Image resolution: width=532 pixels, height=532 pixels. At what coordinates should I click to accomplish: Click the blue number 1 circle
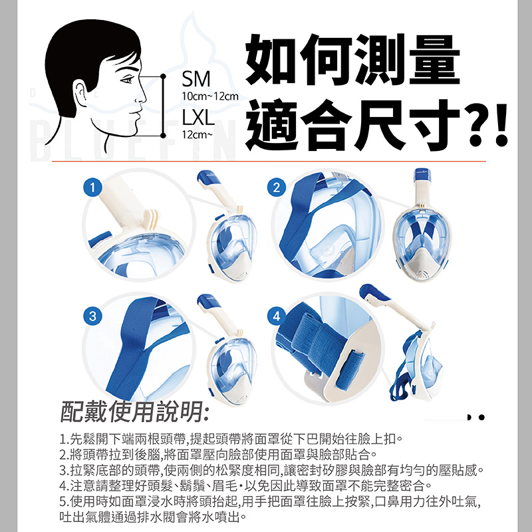tap(92, 187)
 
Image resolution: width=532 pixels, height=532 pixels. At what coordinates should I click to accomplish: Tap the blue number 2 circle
tap(277, 187)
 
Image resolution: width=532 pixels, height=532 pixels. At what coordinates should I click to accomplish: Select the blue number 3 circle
tap(92, 317)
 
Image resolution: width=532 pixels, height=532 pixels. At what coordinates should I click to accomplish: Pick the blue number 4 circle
tap(277, 317)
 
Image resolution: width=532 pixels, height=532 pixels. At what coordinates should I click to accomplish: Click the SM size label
tap(196, 79)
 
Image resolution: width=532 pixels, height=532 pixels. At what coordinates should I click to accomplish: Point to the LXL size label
tap(198, 118)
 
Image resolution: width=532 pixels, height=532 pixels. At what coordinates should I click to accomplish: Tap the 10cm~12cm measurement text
tap(210, 96)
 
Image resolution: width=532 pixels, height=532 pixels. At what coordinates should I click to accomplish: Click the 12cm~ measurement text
tap(197, 135)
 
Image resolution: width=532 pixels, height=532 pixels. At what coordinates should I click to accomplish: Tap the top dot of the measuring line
tap(163, 76)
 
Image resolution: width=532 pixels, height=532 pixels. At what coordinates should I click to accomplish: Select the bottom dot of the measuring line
tap(163, 136)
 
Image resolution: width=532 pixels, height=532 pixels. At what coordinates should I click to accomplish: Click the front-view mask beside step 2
tap(422, 225)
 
